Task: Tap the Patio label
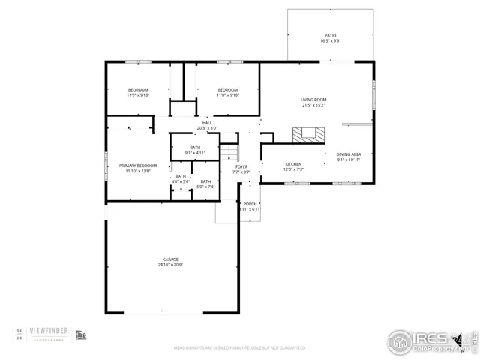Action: (x=330, y=35)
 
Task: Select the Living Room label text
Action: (x=313, y=99)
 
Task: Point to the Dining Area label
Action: (x=349, y=154)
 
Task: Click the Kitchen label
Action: (x=293, y=163)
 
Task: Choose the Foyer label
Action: (x=241, y=166)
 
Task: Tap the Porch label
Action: (x=250, y=204)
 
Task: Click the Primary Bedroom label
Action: (x=138, y=165)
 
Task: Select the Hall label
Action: (x=207, y=123)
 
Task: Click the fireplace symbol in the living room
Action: (x=310, y=135)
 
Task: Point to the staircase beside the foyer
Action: (x=228, y=153)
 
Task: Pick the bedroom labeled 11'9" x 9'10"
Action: (x=138, y=90)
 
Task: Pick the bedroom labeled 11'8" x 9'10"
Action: (x=228, y=90)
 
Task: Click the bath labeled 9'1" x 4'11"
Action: (x=195, y=148)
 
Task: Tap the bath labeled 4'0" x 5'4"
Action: (x=181, y=176)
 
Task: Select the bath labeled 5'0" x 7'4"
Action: (x=205, y=181)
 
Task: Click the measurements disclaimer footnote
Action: (x=240, y=348)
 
